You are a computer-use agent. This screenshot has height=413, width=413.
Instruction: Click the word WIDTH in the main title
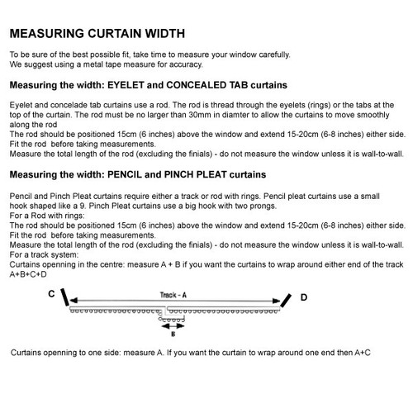point(170,34)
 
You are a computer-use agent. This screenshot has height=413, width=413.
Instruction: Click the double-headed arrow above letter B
point(171,325)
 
